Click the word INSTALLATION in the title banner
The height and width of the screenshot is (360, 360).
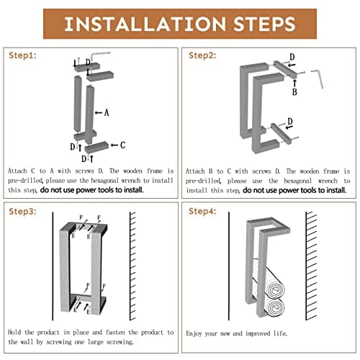point(145,24)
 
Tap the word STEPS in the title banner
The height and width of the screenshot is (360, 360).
point(264,24)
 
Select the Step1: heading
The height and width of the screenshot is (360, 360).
point(22,55)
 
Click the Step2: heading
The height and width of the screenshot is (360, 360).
point(202,55)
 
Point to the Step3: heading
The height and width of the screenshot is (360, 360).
point(22,212)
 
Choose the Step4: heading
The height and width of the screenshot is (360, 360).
point(202,212)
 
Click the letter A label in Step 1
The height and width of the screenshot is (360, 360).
point(107,113)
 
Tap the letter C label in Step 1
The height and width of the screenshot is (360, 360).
point(122,145)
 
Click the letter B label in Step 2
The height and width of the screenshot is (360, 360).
point(294,91)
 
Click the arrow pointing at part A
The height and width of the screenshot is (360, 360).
point(99,112)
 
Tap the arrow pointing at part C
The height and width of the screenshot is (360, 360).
point(114,145)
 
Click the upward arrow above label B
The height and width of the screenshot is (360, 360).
point(294,83)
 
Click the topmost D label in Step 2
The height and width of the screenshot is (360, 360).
point(292,57)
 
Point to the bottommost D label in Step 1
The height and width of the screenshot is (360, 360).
point(84,158)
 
